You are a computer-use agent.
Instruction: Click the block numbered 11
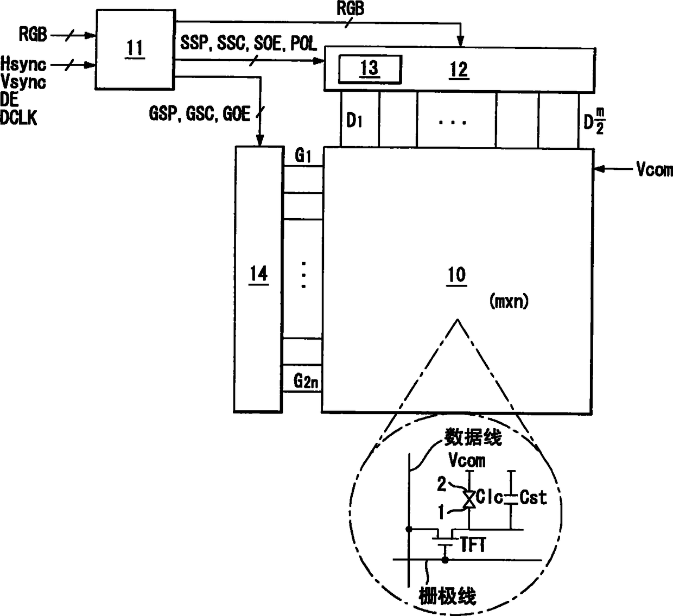click(135, 48)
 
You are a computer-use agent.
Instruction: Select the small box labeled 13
click(370, 69)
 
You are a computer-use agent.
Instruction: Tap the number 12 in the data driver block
click(459, 69)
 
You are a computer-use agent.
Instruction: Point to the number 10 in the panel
click(456, 275)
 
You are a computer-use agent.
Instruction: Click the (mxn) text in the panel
click(509, 301)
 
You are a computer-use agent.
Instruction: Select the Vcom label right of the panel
click(655, 170)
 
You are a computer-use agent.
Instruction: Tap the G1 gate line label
click(303, 156)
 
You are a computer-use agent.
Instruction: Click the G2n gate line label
click(306, 382)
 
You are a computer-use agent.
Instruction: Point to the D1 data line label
click(354, 120)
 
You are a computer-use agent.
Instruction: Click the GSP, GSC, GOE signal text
click(200, 114)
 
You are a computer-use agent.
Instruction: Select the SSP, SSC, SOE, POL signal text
click(249, 44)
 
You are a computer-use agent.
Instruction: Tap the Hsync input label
click(23, 65)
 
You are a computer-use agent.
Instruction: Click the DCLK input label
click(19, 118)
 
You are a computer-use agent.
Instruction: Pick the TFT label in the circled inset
click(473, 545)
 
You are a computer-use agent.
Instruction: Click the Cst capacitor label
click(533, 497)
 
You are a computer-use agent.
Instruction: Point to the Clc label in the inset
click(490, 497)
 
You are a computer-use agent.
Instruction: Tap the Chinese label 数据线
click(473, 437)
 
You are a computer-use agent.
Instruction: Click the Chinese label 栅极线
click(448, 596)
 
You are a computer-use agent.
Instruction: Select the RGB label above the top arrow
click(351, 9)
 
